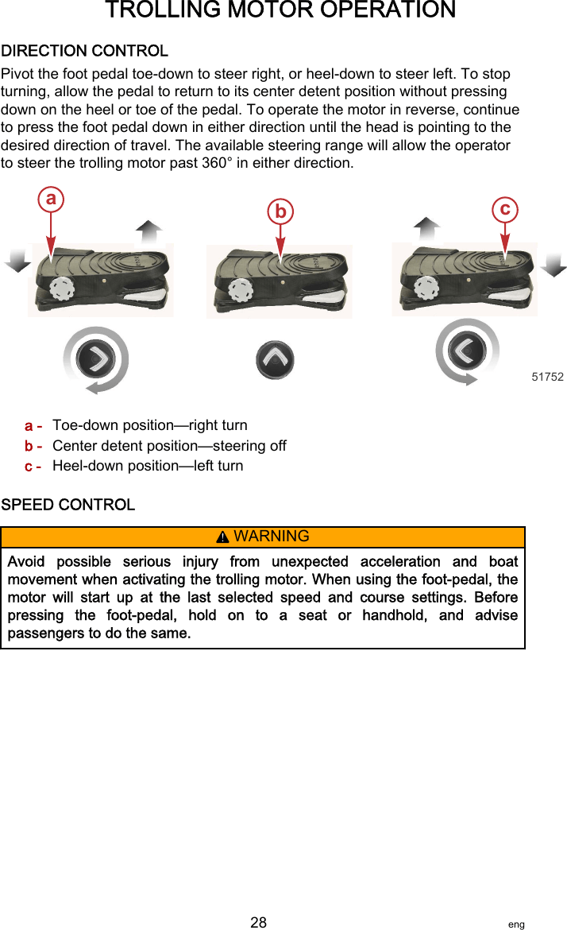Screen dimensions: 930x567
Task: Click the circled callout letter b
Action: [280, 211]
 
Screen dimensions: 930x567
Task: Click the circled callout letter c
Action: [505, 208]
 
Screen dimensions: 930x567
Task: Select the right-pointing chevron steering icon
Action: [96, 360]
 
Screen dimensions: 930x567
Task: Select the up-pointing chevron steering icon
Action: [275, 360]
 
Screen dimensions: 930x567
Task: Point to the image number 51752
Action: [547, 377]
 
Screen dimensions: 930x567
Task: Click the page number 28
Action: [259, 922]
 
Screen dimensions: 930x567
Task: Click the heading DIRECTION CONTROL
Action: [85, 51]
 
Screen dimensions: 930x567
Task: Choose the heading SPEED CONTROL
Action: [68, 505]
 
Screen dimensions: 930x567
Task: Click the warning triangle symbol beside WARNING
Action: [224, 537]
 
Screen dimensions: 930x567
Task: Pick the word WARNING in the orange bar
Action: [272, 537]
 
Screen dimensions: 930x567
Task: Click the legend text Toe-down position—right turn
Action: [150, 425]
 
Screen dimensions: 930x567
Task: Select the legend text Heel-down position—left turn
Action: [148, 466]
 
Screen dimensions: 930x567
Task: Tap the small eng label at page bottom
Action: [516, 924]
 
